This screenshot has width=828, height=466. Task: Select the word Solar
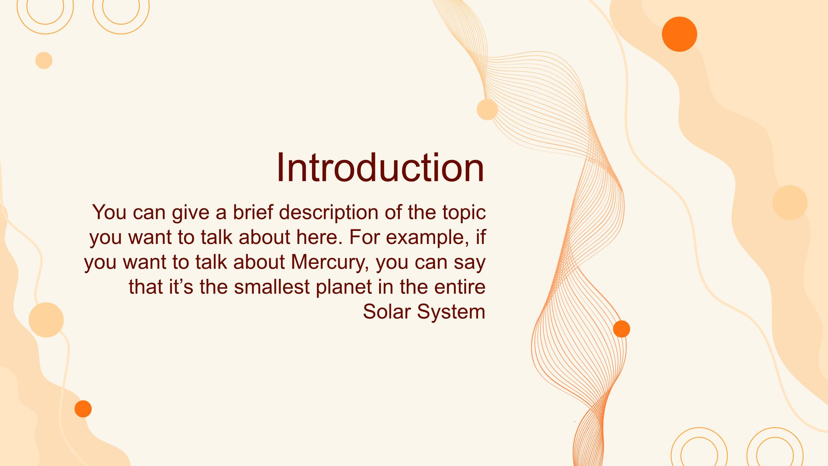pos(387,311)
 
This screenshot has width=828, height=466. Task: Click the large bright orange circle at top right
pos(679,34)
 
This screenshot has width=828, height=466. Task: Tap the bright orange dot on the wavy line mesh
pos(621,329)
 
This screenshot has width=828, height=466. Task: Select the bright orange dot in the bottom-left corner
pos(83,409)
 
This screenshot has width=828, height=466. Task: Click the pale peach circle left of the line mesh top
pos(487,110)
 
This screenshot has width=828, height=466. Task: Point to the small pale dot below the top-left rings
pos(44,61)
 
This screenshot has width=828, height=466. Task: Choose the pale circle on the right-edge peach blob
pos(790,203)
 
